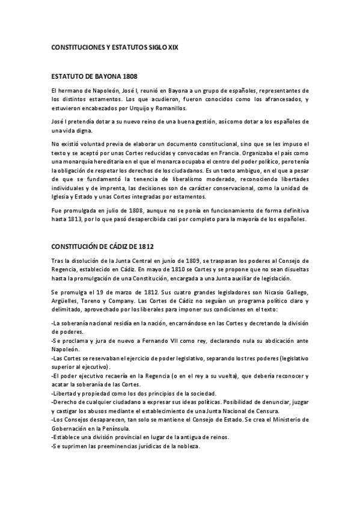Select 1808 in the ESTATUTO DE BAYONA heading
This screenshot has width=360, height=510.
[x=129, y=77]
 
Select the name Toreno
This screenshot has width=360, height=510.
[x=99, y=301]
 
